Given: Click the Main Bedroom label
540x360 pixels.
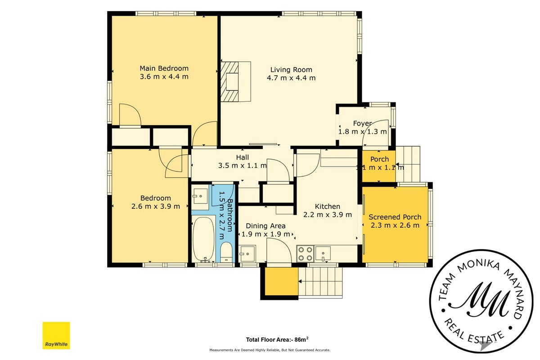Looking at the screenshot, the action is point(164,68).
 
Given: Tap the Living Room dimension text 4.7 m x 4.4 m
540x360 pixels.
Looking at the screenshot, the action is point(291,78).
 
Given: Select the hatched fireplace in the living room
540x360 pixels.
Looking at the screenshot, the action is point(230,81).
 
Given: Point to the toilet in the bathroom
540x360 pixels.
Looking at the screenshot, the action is point(226,252).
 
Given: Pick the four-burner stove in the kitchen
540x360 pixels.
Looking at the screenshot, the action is point(305,254).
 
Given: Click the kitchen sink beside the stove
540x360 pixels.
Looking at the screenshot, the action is point(323,254).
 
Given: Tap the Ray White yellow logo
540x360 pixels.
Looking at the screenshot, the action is point(56,335).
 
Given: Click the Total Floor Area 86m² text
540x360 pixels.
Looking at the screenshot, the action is point(277,339).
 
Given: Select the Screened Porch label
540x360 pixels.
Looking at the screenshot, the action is point(395,217).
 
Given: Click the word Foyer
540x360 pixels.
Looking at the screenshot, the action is point(362,123).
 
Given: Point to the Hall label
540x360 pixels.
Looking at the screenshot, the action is point(243,157).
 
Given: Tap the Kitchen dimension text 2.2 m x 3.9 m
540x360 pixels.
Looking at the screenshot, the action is point(328,215).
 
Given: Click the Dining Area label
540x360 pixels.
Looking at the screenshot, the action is point(265,226).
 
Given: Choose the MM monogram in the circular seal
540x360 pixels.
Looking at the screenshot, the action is point(481,300).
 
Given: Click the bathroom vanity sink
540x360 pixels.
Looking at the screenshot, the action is point(200,196).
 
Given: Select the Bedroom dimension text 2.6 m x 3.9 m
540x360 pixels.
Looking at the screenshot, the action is point(156,207).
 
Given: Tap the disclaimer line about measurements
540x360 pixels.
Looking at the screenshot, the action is point(270,350).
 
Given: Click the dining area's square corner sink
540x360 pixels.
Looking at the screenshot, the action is point(247,254).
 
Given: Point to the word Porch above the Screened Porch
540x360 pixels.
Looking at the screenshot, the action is point(380,159).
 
